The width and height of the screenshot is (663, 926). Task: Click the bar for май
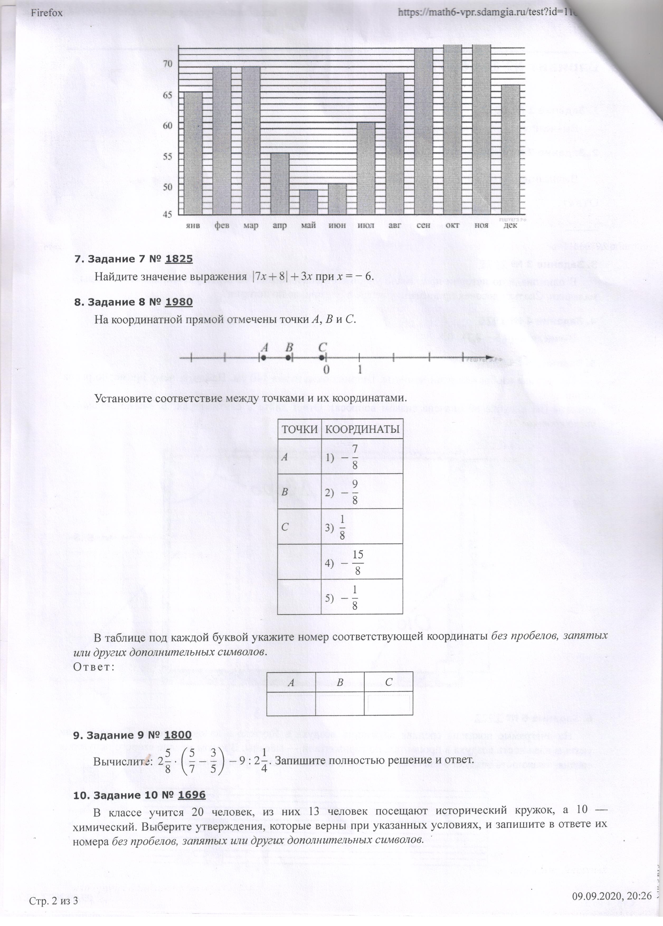[x=309, y=202]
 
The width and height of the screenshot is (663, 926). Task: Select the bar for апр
[x=280, y=184]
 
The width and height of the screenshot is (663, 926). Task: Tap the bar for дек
[x=510, y=149]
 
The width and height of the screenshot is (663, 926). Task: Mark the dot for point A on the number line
[x=264, y=358]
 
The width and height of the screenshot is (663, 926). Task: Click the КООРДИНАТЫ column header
[x=362, y=429]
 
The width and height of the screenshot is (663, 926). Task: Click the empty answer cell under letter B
[x=339, y=703]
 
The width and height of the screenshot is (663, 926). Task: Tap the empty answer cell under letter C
[x=389, y=703]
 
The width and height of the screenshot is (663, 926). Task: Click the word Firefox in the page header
[x=46, y=13]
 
